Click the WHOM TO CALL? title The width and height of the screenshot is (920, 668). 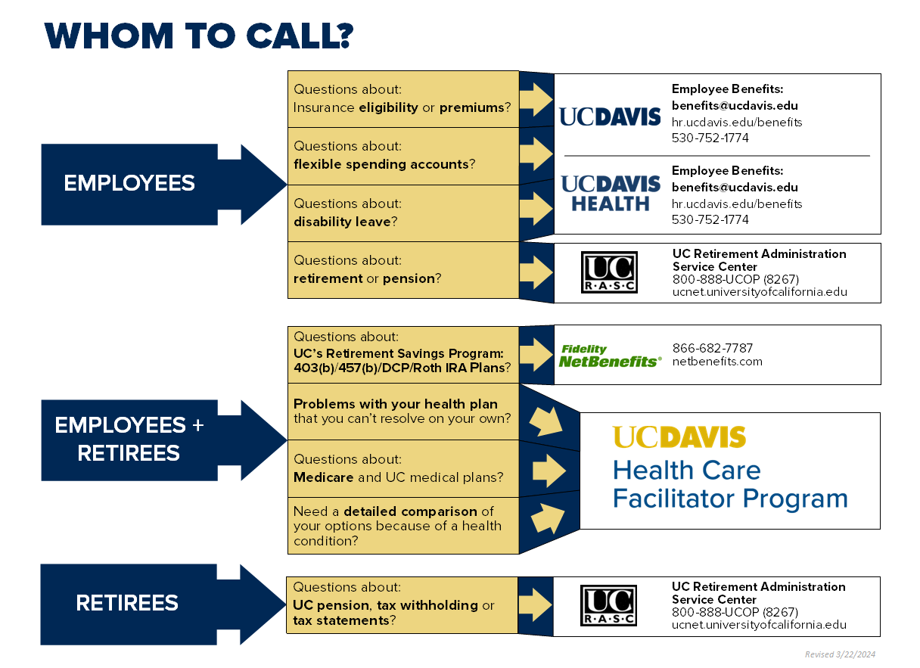click(x=199, y=36)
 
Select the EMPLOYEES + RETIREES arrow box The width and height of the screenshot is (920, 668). click(x=144, y=440)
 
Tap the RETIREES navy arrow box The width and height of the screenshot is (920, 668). click(x=144, y=603)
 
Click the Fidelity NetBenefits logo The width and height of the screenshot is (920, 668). click(x=610, y=356)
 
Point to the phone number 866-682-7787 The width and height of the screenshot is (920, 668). click(x=713, y=348)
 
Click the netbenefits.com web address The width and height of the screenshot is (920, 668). click(x=717, y=362)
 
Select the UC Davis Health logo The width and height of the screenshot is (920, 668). click(x=610, y=194)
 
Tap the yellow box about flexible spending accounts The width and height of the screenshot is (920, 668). click(x=402, y=156)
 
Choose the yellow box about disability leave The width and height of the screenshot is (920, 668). click(x=402, y=213)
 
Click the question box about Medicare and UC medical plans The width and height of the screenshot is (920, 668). click(x=402, y=468)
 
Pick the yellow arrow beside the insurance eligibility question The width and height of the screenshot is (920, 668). click(x=537, y=99)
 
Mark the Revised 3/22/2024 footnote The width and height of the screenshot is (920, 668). click(x=840, y=654)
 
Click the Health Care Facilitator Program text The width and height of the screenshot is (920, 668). click(x=729, y=484)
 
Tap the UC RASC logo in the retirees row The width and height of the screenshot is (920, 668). click(x=608, y=606)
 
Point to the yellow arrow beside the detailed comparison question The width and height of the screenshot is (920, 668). click(x=548, y=518)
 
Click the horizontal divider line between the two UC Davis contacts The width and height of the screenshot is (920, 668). click(x=717, y=156)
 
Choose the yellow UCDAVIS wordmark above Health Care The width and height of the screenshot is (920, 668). click(x=679, y=437)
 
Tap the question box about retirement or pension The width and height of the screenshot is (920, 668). click(x=402, y=270)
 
